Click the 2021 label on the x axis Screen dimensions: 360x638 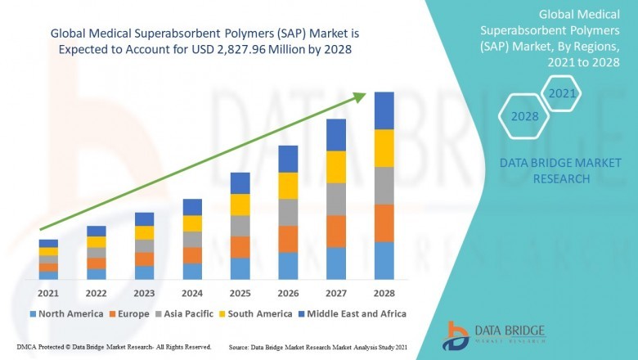click(x=48, y=293)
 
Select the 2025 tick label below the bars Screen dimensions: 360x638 click(x=240, y=293)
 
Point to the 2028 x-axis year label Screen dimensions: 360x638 click(x=384, y=293)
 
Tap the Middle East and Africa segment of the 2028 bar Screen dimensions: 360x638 click(x=384, y=110)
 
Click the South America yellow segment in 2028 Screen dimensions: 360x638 click(x=384, y=148)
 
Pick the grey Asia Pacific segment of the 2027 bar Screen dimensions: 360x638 click(x=336, y=199)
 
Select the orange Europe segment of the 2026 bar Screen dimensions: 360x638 click(x=288, y=239)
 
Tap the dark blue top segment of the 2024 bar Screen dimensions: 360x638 click(x=192, y=207)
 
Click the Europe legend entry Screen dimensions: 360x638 click(x=131, y=313)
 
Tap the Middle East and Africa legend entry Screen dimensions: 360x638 click(x=352, y=313)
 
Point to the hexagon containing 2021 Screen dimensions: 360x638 click(x=562, y=94)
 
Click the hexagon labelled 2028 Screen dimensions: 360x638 click(x=524, y=117)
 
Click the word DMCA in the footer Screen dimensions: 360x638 click(x=28, y=347)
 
